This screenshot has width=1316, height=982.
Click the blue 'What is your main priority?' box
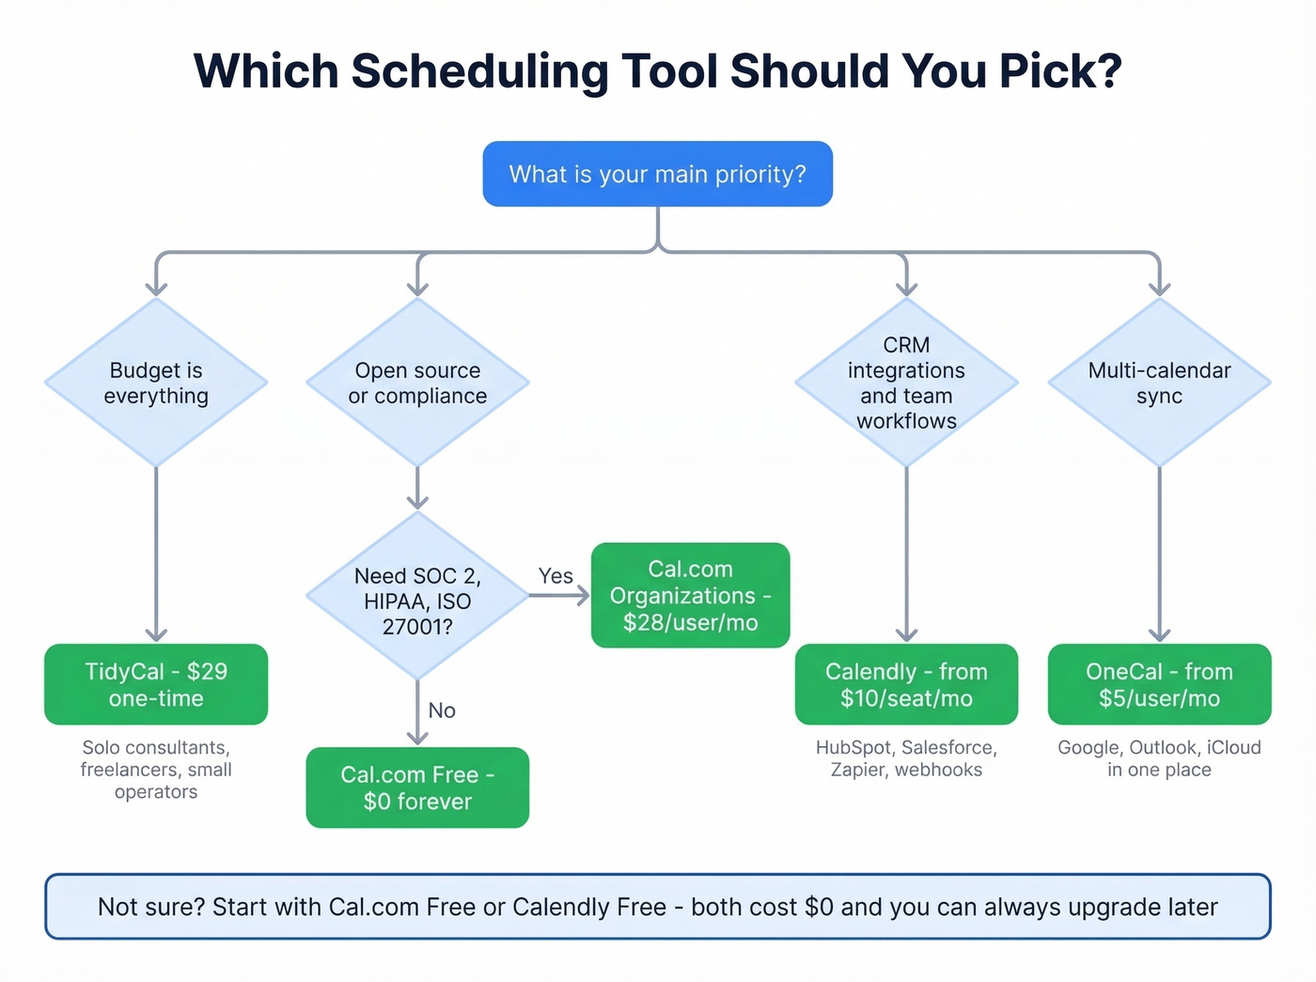657,174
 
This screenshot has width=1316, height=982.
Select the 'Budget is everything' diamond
156,382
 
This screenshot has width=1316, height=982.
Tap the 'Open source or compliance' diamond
417,382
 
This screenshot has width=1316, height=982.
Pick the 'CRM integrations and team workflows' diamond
906,382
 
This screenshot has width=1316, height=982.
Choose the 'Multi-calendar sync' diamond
1159,382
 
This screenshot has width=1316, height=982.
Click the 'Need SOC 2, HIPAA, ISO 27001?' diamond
417,596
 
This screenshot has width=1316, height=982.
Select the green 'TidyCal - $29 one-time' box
156,684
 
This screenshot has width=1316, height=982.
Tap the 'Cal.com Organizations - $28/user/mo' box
690,595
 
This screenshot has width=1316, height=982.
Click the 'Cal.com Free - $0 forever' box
417,787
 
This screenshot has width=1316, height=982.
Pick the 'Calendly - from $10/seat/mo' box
906,684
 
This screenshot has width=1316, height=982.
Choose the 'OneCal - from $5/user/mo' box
1159,684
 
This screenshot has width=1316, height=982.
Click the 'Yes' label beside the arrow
556,576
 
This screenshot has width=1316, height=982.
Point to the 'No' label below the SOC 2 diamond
442,710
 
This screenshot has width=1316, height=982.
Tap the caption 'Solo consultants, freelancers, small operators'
156,770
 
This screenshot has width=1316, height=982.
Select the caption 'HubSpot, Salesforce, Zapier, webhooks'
906,758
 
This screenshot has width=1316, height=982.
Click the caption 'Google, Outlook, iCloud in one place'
1159,758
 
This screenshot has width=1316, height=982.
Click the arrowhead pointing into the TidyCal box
156,634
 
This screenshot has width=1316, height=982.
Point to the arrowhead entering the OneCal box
1159,634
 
